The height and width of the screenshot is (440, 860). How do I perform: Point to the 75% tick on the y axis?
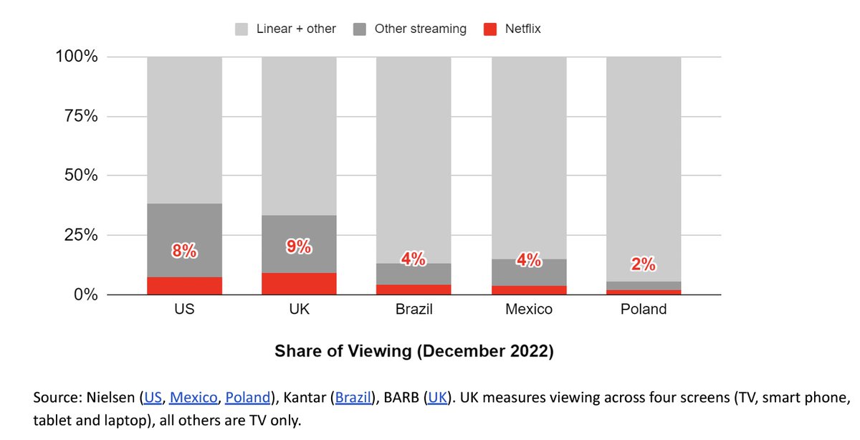[77, 116]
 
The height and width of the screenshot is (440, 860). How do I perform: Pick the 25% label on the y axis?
[77, 235]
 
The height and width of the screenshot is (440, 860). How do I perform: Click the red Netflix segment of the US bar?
[184, 285]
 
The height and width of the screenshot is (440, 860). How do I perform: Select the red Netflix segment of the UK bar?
[299, 283]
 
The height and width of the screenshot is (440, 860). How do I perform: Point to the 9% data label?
[299, 247]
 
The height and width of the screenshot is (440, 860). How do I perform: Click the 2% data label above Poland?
[643, 264]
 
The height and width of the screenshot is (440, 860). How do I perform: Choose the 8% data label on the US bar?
[184, 251]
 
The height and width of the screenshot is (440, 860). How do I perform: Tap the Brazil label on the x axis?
[414, 310]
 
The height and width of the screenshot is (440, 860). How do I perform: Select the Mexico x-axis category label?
[528, 310]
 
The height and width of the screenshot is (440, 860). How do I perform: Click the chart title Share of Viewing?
[414, 352]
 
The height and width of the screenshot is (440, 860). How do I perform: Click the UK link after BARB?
[437, 398]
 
